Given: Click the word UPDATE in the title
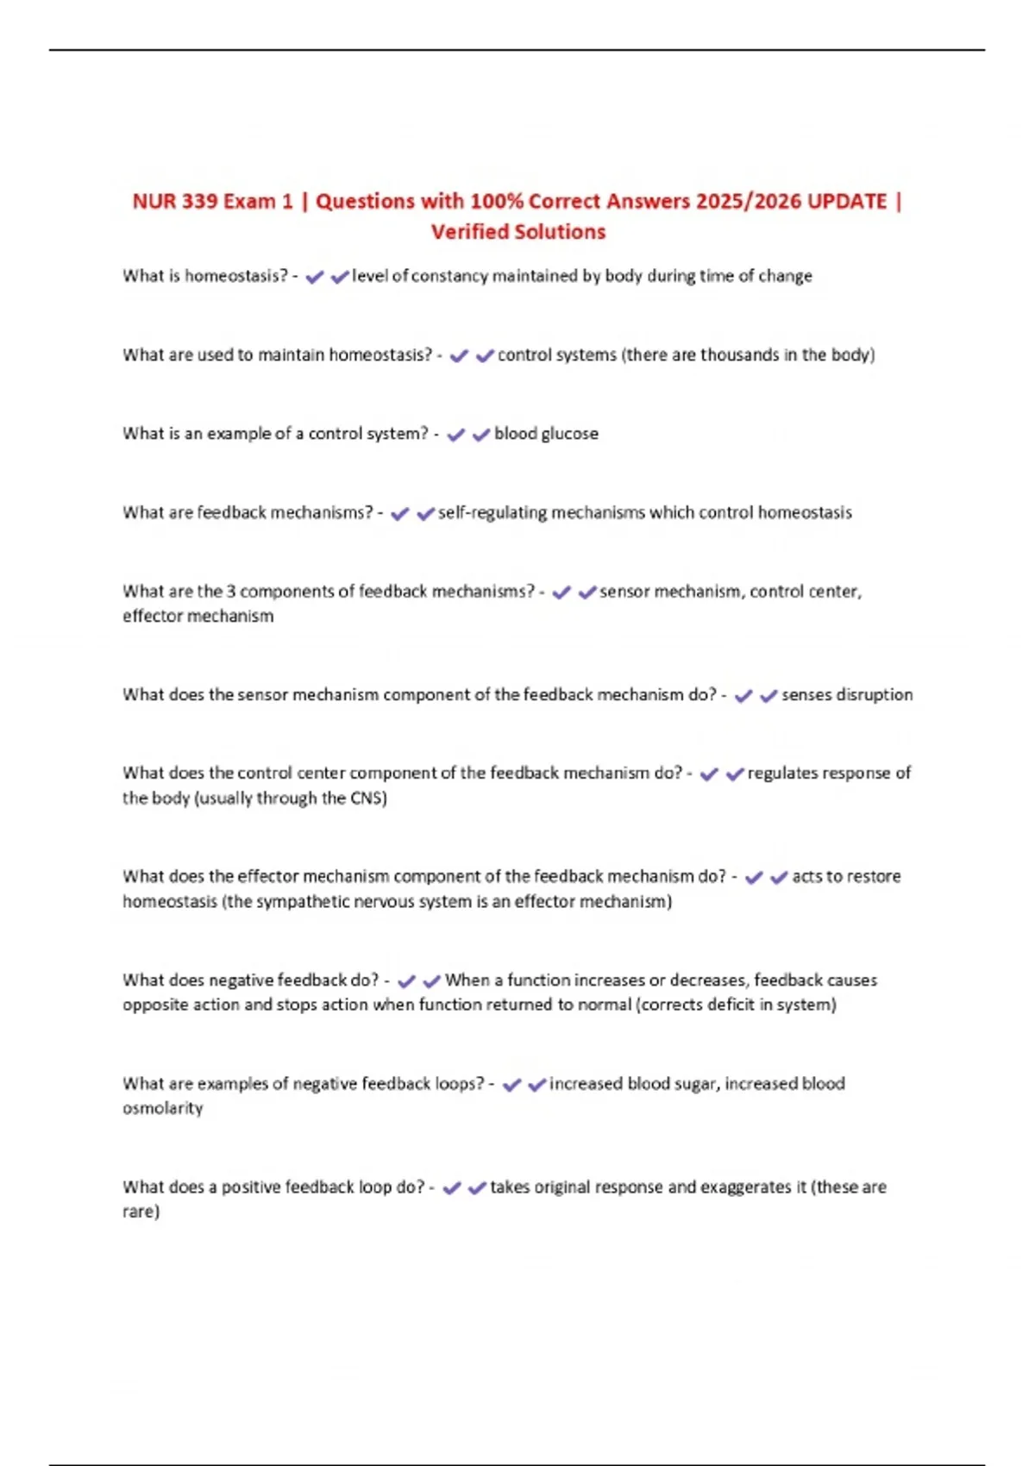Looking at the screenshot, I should tap(847, 202).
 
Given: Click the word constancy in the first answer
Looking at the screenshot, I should tap(449, 276).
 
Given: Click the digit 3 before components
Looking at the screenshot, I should tap(231, 592).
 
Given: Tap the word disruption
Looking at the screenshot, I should tap(870, 695).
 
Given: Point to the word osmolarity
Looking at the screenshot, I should tap(162, 1109).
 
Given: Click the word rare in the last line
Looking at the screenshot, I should tap(139, 1212).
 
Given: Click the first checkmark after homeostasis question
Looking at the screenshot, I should tap(315, 277).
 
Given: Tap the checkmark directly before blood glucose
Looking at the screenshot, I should tap(481, 435).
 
